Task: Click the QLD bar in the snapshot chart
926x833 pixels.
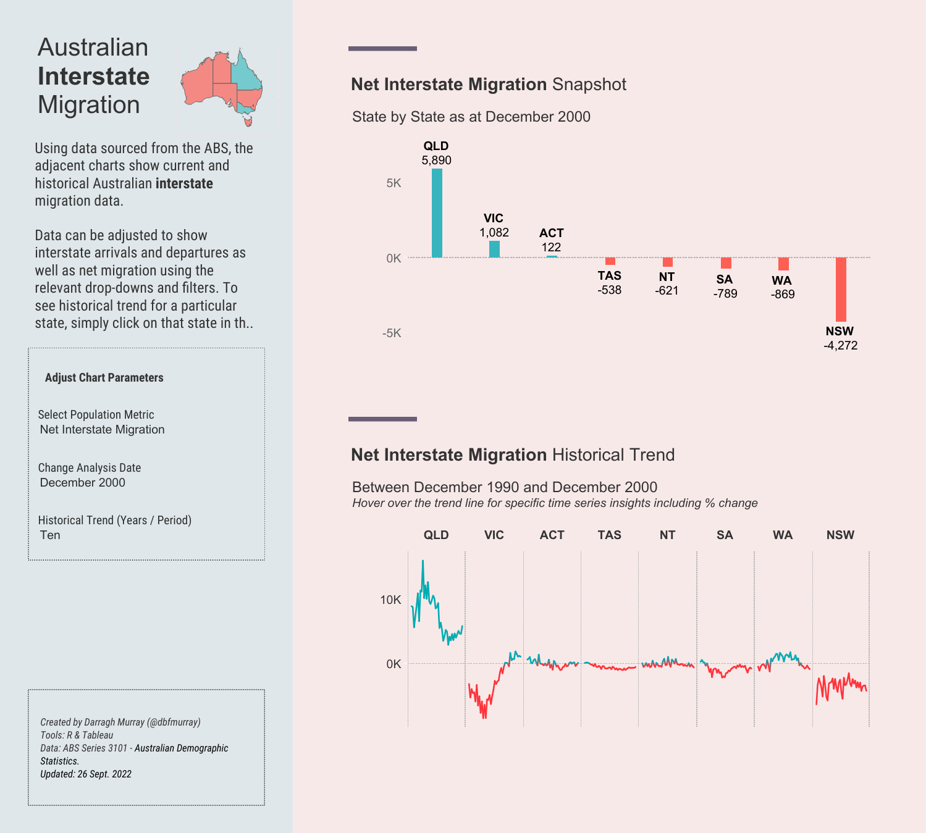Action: [437, 213]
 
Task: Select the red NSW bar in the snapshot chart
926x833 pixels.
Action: [841, 289]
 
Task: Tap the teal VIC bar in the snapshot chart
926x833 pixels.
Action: [494, 249]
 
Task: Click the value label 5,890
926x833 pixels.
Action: [436, 161]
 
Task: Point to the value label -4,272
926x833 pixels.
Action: [840, 346]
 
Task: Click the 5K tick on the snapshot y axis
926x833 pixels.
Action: [394, 183]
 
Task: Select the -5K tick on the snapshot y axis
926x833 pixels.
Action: [392, 333]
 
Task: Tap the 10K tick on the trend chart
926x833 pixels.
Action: [390, 600]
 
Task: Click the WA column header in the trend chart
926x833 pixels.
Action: [783, 535]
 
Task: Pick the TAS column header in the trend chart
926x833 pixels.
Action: [609, 535]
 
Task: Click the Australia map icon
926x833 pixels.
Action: [222, 86]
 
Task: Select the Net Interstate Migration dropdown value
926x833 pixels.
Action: [102, 430]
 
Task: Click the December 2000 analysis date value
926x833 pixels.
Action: [82, 483]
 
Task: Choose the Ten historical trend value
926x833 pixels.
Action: [50, 535]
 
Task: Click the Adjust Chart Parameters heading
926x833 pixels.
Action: [104, 378]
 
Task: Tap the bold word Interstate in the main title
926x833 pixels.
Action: [93, 77]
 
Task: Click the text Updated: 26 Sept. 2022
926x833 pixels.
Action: [86, 774]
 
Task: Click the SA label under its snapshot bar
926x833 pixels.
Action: [725, 280]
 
